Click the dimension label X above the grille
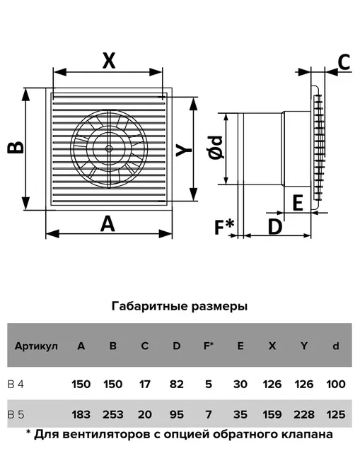(x=109, y=61)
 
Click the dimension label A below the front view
(x=108, y=224)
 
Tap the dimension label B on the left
(x=16, y=147)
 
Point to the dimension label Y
(x=184, y=151)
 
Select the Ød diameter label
(x=216, y=148)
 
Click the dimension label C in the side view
(x=344, y=61)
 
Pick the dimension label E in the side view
(x=298, y=203)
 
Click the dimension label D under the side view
(x=275, y=227)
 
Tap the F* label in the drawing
(x=224, y=227)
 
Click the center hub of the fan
(x=109, y=148)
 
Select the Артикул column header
(x=36, y=346)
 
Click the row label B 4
(x=16, y=384)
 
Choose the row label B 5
(x=16, y=414)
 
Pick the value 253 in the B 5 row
(x=112, y=414)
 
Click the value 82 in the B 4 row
(x=176, y=384)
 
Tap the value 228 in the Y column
(x=304, y=414)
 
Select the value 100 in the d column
(x=336, y=384)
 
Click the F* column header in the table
(x=209, y=346)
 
